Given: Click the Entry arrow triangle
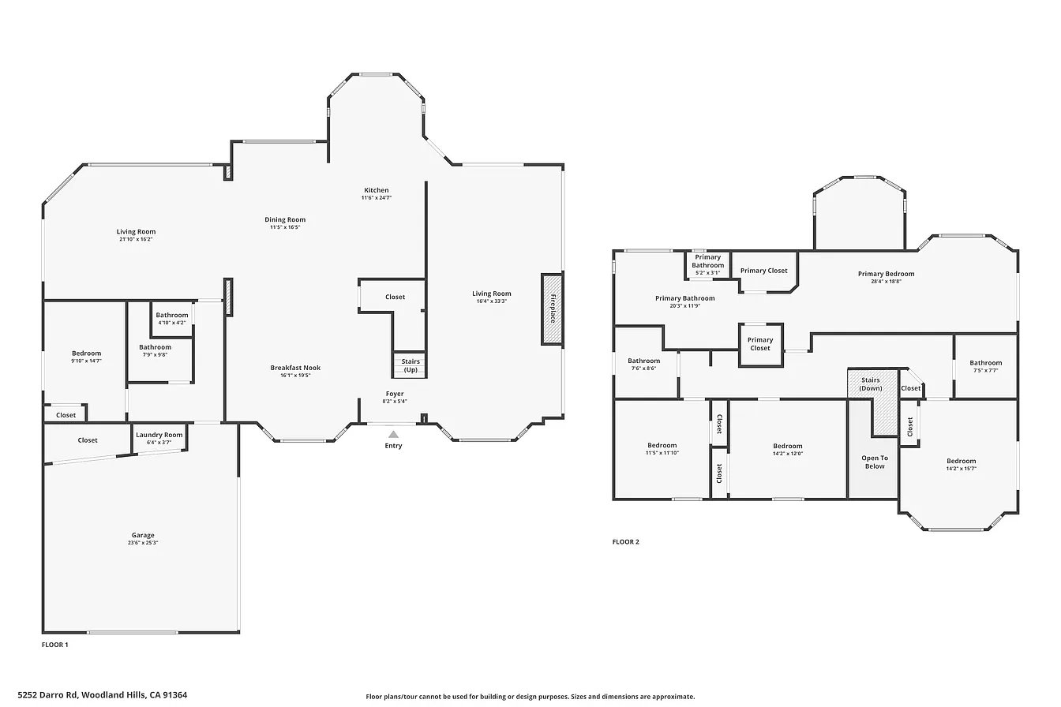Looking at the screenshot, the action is click(x=393, y=434).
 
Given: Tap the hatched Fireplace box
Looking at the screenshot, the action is click(x=553, y=309).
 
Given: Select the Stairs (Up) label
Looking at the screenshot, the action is click(x=411, y=365).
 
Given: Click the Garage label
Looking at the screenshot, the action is click(x=143, y=535).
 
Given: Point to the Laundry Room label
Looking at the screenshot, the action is click(x=159, y=435).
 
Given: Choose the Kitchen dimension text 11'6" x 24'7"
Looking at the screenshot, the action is click(x=377, y=198).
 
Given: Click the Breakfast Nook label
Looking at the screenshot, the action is click(x=295, y=368).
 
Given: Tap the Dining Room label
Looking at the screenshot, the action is click(x=285, y=219).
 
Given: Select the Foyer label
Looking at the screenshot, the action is click(x=395, y=394).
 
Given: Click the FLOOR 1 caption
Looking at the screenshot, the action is click(x=55, y=645).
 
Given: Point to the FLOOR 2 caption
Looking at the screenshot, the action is click(x=626, y=542).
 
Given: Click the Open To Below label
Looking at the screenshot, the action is click(x=875, y=462).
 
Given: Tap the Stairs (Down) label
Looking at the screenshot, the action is click(x=871, y=384).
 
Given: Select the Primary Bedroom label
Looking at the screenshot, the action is click(x=887, y=274).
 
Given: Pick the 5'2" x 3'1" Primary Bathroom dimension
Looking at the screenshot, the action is click(x=707, y=273).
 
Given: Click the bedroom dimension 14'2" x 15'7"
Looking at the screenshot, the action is click(x=962, y=469).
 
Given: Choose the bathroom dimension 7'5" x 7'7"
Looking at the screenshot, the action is click(x=986, y=370).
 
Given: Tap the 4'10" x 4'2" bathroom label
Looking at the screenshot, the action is click(x=172, y=323).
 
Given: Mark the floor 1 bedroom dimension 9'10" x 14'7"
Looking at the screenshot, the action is click(x=86, y=361).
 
